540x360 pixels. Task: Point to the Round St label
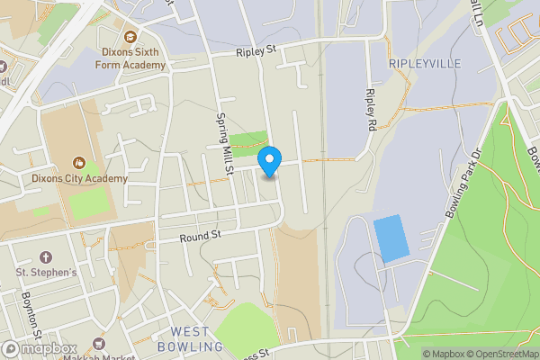tap(200, 238)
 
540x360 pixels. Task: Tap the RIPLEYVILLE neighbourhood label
tap(424, 64)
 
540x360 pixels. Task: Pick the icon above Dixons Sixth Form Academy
tap(130, 37)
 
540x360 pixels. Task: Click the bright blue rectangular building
tap(391, 238)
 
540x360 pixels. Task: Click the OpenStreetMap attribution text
tap(505, 354)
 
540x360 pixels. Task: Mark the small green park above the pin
tap(248, 139)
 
